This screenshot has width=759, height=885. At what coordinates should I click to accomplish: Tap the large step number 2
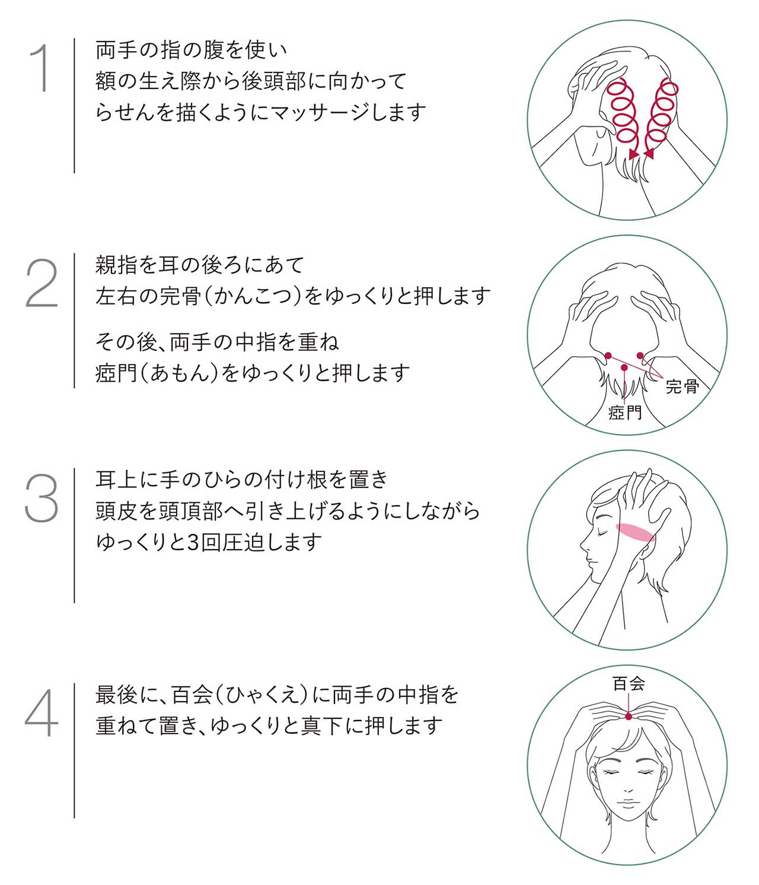pyautogui.click(x=42, y=283)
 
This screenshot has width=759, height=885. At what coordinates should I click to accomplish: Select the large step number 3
pyautogui.click(x=42, y=498)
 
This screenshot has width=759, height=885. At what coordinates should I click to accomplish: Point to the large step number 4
pyautogui.click(x=42, y=713)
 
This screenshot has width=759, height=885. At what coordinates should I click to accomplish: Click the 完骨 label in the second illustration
pyautogui.click(x=683, y=386)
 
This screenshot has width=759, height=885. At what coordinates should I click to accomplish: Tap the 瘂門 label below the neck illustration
pyautogui.click(x=624, y=413)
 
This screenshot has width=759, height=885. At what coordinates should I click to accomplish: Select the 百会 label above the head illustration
pyautogui.click(x=629, y=683)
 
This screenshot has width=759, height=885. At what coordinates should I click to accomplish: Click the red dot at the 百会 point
pyautogui.click(x=628, y=716)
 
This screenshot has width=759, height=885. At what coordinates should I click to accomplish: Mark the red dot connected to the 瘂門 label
pyautogui.click(x=624, y=367)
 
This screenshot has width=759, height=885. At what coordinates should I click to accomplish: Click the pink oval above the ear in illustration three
pyautogui.click(x=634, y=532)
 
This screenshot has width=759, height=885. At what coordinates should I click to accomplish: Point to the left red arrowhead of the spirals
pyautogui.click(x=634, y=154)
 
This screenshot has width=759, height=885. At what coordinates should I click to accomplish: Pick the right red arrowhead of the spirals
pyautogui.click(x=649, y=154)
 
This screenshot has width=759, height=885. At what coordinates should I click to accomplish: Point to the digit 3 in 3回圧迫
pyautogui.click(x=193, y=543)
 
